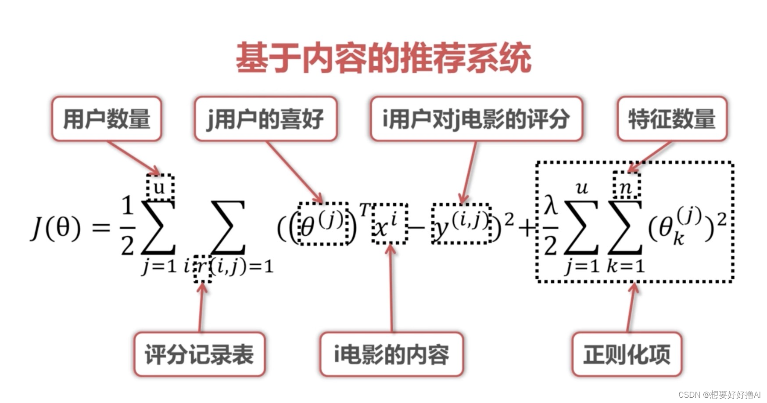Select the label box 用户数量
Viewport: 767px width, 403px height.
[107, 119]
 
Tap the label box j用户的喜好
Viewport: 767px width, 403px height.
[265, 119]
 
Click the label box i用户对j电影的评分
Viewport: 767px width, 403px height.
[476, 119]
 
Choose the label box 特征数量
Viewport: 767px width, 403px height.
[672, 119]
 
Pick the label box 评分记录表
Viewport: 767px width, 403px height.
[199, 354]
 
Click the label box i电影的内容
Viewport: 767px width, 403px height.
[391, 354]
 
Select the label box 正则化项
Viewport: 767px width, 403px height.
[627, 354]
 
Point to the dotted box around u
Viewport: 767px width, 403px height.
[160, 187]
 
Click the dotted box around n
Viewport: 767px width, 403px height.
[626, 185]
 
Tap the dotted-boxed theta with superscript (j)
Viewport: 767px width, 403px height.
[323, 223]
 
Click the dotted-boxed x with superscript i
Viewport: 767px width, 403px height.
[389, 223]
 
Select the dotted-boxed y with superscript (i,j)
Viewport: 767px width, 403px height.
[461, 223]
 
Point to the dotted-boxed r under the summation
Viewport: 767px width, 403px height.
[202, 268]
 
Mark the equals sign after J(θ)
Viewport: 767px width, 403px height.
[100, 228]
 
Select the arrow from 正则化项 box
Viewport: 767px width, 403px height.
[631, 307]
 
